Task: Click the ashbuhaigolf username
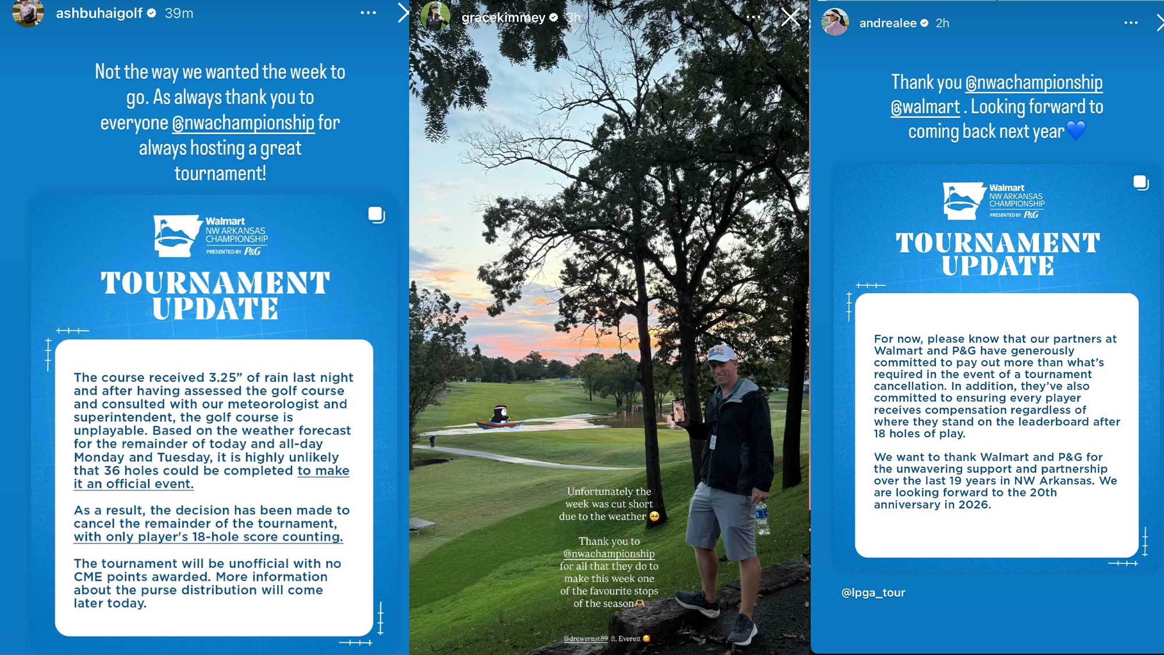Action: coord(99,13)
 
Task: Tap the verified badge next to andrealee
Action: coord(924,23)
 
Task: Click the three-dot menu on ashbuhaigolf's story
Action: coord(368,13)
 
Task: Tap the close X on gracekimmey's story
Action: coord(790,17)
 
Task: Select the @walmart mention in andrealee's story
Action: coord(925,108)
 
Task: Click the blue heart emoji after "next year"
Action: coord(1076,130)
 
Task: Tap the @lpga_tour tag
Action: coord(873,593)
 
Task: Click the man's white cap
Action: coord(721,353)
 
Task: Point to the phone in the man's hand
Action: coord(678,409)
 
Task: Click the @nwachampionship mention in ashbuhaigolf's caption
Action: coord(243,123)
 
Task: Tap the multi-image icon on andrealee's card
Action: coord(1141,183)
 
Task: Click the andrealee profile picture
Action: coord(835,22)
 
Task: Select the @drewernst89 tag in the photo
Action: coord(585,639)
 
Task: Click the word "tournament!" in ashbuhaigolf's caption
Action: coord(220,174)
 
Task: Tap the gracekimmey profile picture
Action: coord(435,16)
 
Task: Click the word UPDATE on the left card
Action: coord(215,309)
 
